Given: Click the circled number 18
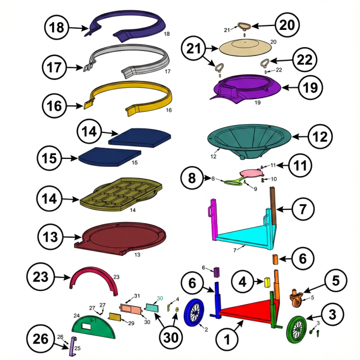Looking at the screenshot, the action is pyautogui.click(x=56, y=27).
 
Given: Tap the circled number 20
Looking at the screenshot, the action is pyautogui.click(x=287, y=25).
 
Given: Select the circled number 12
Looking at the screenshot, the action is pyautogui.click(x=320, y=136).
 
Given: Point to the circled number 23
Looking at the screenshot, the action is pyautogui.click(x=40, y=276).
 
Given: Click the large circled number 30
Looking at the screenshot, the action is pyautogui.click(x=171, y=337).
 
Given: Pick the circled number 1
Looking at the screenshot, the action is pyautogui.click(x=227, y=339).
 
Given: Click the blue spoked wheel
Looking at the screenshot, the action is pyautogui.click(x=194, y=312).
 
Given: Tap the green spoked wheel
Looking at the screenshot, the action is pyautogui.click(x=297, y=329).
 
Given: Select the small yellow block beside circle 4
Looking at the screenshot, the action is pyautogui.click(x=268, y=282).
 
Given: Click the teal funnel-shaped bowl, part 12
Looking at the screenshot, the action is pyautogui.click(x=249, y=141).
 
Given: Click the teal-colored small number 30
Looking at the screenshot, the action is pyautogui.click(x=160, y=298).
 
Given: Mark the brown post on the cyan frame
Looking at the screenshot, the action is pyautogui.click(x=273, y=205).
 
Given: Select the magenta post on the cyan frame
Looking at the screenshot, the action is pyautogui.click(x=214, y=219).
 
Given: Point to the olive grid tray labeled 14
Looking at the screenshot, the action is pyautogui.click(x=121, y=194).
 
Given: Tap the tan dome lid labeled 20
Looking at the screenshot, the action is pyautogui.click(x=245, y=47).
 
